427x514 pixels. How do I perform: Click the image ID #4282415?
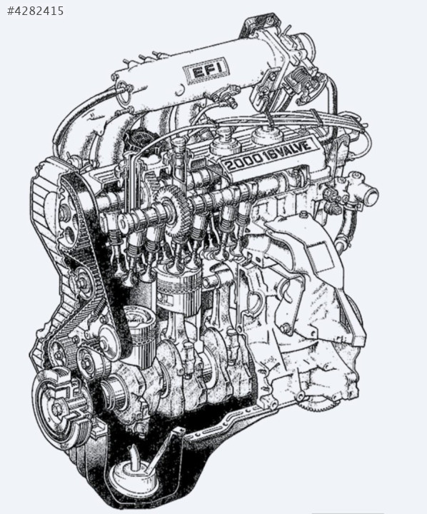pyautogui.click(x=35, y=11)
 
